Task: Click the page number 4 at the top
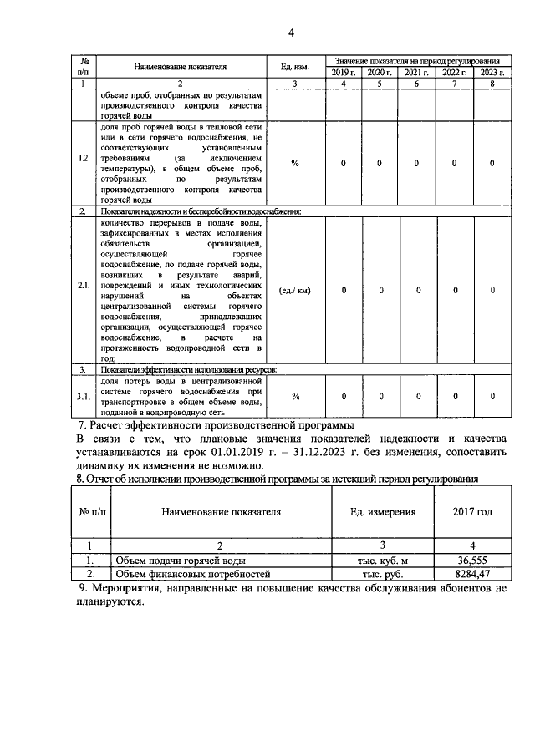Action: click(291, 33)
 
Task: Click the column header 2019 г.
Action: click(343, 74)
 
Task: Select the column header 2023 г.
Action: click(492, 74)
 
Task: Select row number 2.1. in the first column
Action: click(84, 291)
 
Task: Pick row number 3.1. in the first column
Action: click(84, 397)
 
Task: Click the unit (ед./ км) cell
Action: click(295, 291)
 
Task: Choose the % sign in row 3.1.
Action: click(295, 397)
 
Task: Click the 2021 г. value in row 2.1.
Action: click(417, 291)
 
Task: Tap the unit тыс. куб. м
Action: click(382, 561)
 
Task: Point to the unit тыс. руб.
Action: click(382, 575)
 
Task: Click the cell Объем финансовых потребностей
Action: click(193, 575)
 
